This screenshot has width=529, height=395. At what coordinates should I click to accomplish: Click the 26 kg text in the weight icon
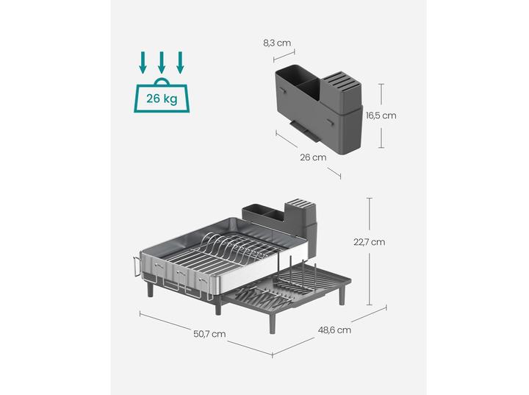click(x=161, y=97)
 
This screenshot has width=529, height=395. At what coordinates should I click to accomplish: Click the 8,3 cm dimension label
click(x=277, y=43)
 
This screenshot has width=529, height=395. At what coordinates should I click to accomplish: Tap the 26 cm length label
click(x=314, y=157)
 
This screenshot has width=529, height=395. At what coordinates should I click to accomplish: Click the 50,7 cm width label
click(x=209, y=333)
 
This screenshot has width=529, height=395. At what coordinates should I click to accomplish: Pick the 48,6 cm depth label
click(x=333, y=330)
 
